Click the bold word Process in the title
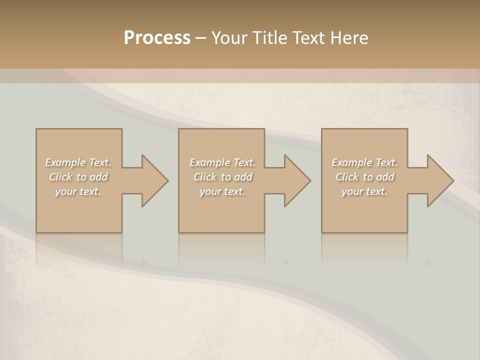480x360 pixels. click(x=157, y=38)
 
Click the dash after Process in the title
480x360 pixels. click(x=201, y=38)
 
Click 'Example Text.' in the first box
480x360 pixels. click(x=78, y=162)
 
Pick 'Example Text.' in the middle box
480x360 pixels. click(x=222, y=162)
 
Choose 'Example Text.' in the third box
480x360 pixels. click(x=364, y=162)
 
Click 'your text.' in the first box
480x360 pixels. click(x=78, y=191)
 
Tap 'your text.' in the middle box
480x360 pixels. click(x=222, y=191)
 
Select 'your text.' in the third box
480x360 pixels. click(x=364, y=191)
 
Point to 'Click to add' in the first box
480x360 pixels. click(x=78, y=177)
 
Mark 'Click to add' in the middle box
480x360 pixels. click(x=222, y=177)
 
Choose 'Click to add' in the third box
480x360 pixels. click(x=364, y=177)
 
